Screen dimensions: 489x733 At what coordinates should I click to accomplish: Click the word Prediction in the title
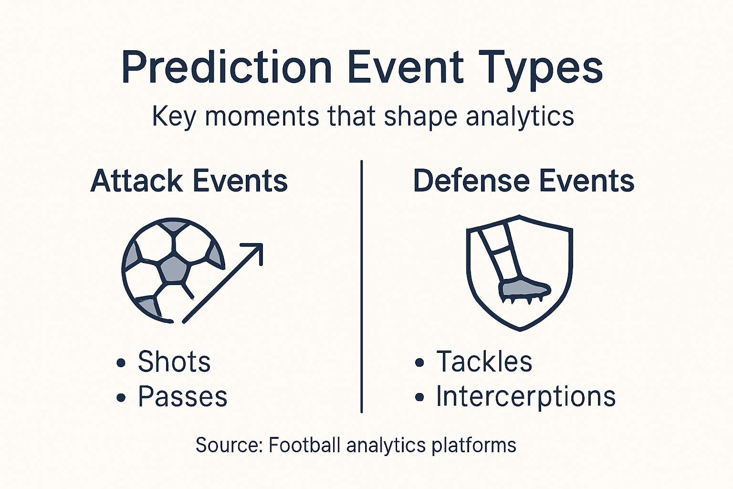pos(227,68)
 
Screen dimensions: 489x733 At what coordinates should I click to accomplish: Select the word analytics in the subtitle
pos(520,116)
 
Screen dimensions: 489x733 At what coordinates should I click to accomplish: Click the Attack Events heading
pos(189,181)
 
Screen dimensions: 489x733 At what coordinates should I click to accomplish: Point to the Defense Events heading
pos(524,181)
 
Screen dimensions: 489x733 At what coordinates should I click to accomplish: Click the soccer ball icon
pos(172,270)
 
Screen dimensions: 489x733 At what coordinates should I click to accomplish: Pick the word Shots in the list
pos(174,361)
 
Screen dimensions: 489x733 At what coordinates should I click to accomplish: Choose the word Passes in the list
pos(182,396)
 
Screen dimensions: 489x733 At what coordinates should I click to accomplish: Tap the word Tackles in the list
pos(484,361)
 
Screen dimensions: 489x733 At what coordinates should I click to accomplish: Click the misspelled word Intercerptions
pos(525,396)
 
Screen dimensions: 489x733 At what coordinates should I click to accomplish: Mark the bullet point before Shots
pos(121,363)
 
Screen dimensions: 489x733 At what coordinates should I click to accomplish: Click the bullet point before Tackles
pos(419,363)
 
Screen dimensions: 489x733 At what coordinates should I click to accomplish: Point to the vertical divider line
pos(362,287)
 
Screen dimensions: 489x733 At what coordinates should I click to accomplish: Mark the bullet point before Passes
pos(121,397)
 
